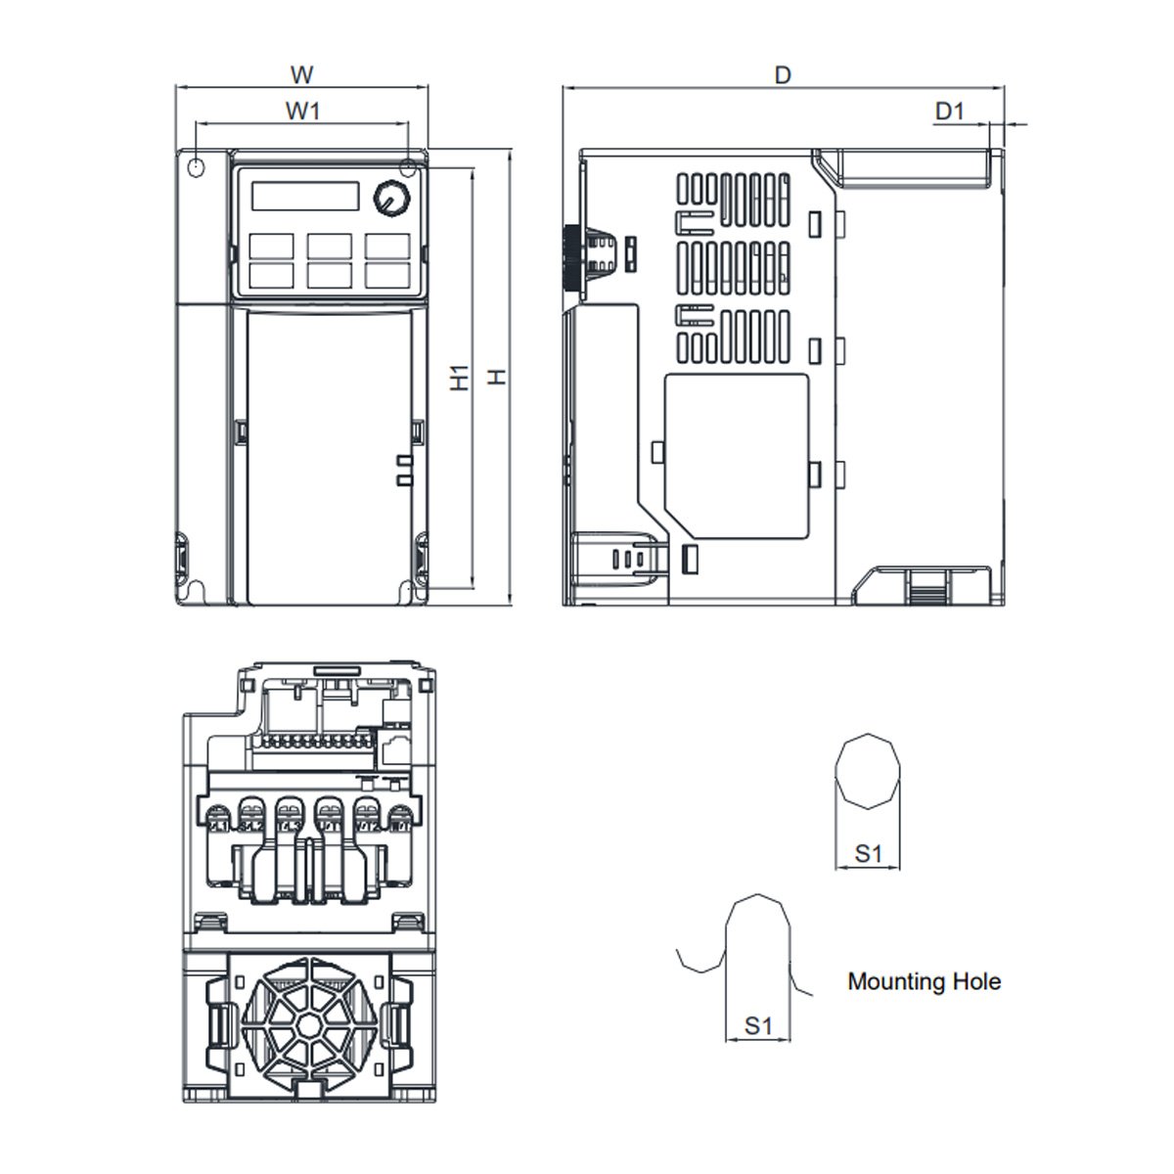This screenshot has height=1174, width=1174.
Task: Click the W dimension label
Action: point(302,74)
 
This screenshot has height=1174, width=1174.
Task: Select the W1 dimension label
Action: point(302,111)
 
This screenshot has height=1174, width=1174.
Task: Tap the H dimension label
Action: point(498,376)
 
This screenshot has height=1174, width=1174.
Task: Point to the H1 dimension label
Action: point(460,378)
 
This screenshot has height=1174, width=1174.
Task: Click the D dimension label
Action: point(782,74)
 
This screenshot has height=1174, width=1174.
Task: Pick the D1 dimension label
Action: point(949,111)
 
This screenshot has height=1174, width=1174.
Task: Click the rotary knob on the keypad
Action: point(390,198)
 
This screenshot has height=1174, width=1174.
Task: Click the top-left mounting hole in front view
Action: point(195,167)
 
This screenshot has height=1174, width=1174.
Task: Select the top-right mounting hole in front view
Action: point(409,167)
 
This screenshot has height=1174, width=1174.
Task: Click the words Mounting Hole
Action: point(924,981)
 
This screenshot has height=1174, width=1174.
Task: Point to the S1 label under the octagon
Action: point(868,853)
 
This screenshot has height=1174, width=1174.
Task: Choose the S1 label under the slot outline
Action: point(758,1025)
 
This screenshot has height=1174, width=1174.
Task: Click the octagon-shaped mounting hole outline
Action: point(868,771)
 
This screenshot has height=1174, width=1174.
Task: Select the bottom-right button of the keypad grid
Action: point(387,274)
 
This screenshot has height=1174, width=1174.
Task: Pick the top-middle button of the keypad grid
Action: point(329,245)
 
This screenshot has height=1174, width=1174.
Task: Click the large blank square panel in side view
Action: point(736,457)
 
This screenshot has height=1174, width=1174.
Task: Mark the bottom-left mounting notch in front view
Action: point(194,590)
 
